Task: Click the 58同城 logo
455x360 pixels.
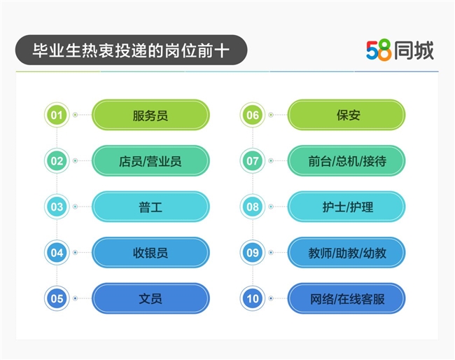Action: pos(400,50)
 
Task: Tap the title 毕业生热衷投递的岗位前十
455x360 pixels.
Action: pos(131,50)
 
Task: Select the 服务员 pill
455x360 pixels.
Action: pos(150,115)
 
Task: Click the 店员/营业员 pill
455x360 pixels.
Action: pos(150,161)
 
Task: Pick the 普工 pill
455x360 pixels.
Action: pos(150,207)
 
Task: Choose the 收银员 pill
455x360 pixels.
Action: pos(150,253)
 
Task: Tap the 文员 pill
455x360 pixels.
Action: pos(150,298)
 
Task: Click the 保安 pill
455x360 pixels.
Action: pos(346,115)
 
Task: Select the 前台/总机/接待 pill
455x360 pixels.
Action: pos(346,161)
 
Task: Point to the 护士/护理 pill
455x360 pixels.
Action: pos(346,207)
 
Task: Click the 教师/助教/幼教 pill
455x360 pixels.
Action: pos(346,253)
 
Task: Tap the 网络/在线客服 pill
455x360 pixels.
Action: pos(346,298)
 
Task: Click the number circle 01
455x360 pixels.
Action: pos(57,115)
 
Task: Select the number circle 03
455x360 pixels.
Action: pos(57,207)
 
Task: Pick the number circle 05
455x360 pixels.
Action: pos(57,298)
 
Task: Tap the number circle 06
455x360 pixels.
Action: pos(253,115)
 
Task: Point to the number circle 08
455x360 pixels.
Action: pos(253,207)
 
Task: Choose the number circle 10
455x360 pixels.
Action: pos(253,298)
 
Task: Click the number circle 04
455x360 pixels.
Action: pos(57,253)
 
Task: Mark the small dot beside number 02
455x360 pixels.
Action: pos(75,161)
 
